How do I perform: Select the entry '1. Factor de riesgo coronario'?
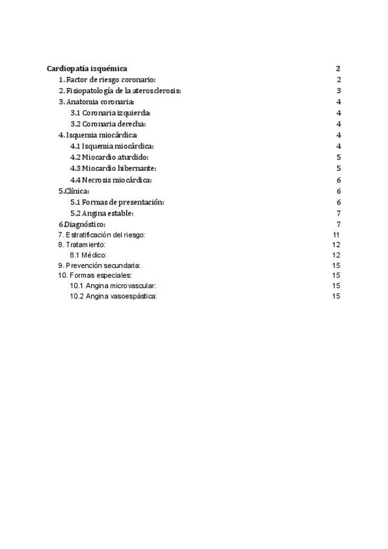[107, 80]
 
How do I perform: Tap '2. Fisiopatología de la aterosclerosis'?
[120, 91]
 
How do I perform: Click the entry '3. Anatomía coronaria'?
[96, 102]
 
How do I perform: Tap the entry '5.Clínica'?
[74, 191]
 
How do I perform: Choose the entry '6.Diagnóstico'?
[82, 224]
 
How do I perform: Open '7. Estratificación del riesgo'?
[102, 234]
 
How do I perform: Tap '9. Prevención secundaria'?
[99, 265]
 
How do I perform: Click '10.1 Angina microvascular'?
[113, 286]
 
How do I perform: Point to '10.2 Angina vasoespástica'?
[113, 296]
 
